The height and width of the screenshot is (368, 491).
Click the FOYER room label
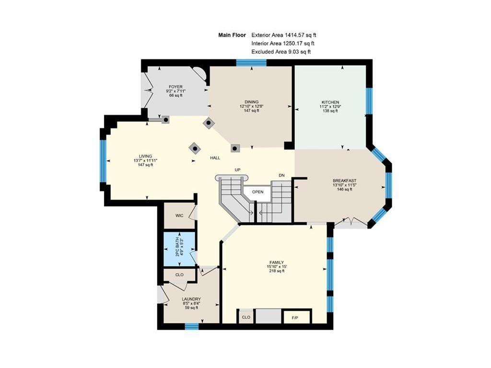pos(175,87)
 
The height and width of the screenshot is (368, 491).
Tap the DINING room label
pos(251,102)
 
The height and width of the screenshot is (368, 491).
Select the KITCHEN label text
pos(330,103)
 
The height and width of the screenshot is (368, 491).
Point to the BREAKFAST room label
pos(344,181)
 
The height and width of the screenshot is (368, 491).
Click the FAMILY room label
pos(277,263)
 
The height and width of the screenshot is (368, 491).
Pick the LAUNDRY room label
pos(191,299)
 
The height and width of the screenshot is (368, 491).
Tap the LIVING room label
pos(145,156)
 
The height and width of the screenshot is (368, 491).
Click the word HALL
pos(215,158)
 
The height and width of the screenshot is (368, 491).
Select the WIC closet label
pos(179,216)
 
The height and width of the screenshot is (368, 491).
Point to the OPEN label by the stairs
pos(257,192)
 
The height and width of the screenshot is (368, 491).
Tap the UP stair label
pos(238,170)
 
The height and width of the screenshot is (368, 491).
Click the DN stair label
pos(282,175)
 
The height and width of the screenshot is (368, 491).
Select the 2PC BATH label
pos(177,247)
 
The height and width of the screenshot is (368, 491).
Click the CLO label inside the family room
pos(246,317)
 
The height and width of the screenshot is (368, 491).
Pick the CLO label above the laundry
pos(179,275)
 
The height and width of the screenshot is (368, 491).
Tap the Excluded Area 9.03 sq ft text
pos(281,52)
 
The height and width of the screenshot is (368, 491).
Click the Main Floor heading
pos(232,35)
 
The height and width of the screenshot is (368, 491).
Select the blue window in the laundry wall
pos(192,327)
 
